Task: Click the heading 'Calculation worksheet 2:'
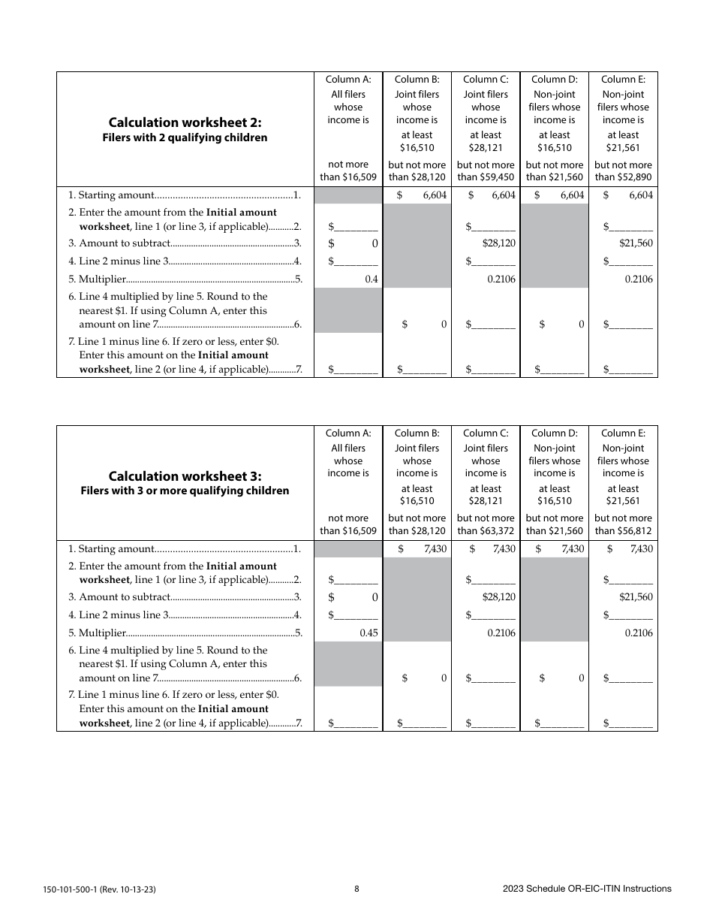pos(185,122)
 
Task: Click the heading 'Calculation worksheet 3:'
pos(185,476)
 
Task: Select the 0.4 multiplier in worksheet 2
pos(371,279)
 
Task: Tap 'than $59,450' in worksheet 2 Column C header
pos(486,177)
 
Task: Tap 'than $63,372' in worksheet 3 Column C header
pos(486,531)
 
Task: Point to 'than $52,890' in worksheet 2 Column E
pos(623,177)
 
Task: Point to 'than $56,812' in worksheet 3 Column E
pos(623,531)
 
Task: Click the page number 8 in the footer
pos(356,889)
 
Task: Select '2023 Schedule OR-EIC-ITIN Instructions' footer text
pos(587,889)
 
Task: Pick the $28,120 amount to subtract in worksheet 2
pos(498,243)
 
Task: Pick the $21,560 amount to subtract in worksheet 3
pos(636,597)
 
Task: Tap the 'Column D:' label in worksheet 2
pos(554,80)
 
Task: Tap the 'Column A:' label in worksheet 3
pos(347,433)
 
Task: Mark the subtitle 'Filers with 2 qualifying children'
pos(185,137)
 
